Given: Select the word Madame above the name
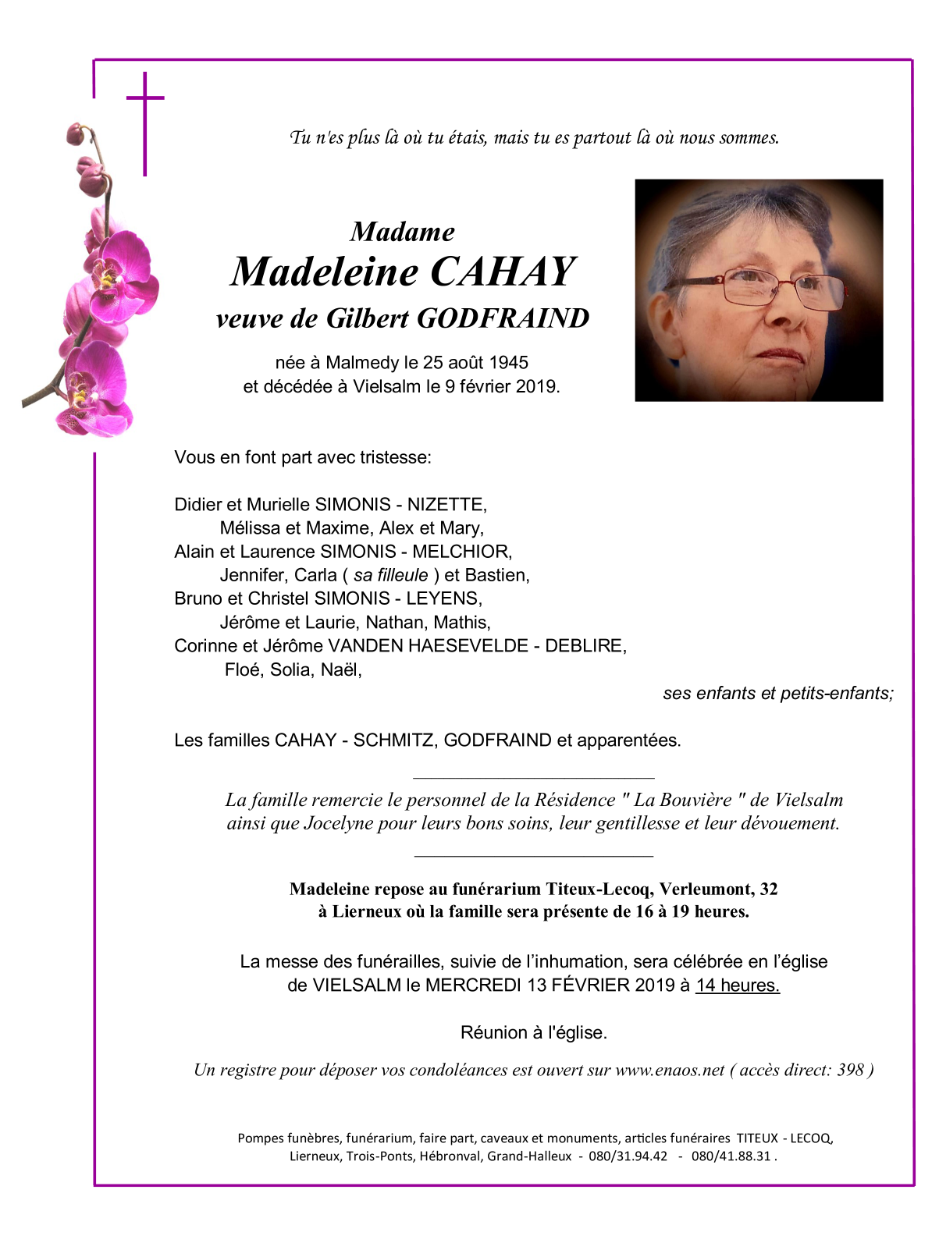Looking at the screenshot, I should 402,232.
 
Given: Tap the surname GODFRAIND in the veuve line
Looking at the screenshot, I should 503,318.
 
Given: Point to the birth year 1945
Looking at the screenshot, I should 508,363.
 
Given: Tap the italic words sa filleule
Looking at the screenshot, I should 391,575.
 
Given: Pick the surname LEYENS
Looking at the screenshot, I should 443,598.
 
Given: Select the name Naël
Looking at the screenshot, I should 340,669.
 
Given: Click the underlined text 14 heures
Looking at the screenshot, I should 737,985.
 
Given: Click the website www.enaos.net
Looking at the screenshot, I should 670,1071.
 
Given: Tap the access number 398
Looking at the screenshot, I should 850,1071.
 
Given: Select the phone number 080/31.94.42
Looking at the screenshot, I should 628,1156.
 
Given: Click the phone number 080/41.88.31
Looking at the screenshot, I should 731,1156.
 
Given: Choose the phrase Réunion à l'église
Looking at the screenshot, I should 534,1033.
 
